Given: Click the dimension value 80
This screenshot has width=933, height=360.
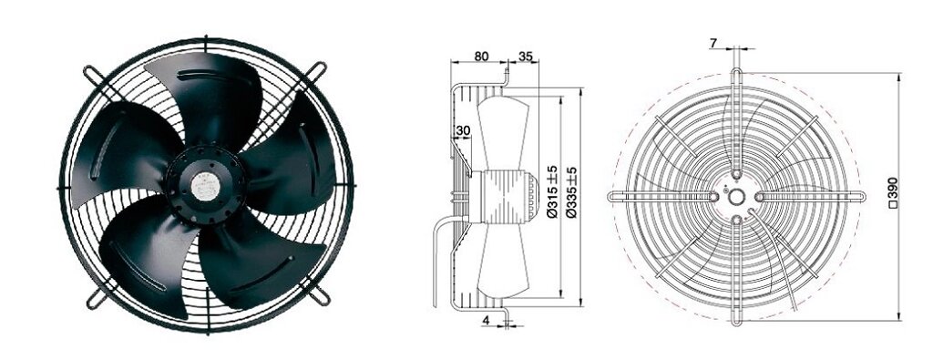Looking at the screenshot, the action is [x=481, y=57].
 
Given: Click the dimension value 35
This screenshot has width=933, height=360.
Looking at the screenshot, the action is [x=526, y=57].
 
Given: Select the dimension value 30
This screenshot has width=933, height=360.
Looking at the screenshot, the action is [x=462, y=130].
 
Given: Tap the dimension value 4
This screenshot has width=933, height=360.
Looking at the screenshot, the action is [x=487, y=320].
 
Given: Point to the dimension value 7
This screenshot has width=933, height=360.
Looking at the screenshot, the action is [x=713, y=43].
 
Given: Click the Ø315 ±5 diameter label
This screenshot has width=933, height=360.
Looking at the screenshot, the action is [x=553, y=191].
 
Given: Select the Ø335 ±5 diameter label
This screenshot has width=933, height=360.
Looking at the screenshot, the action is [x=572, y=191].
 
